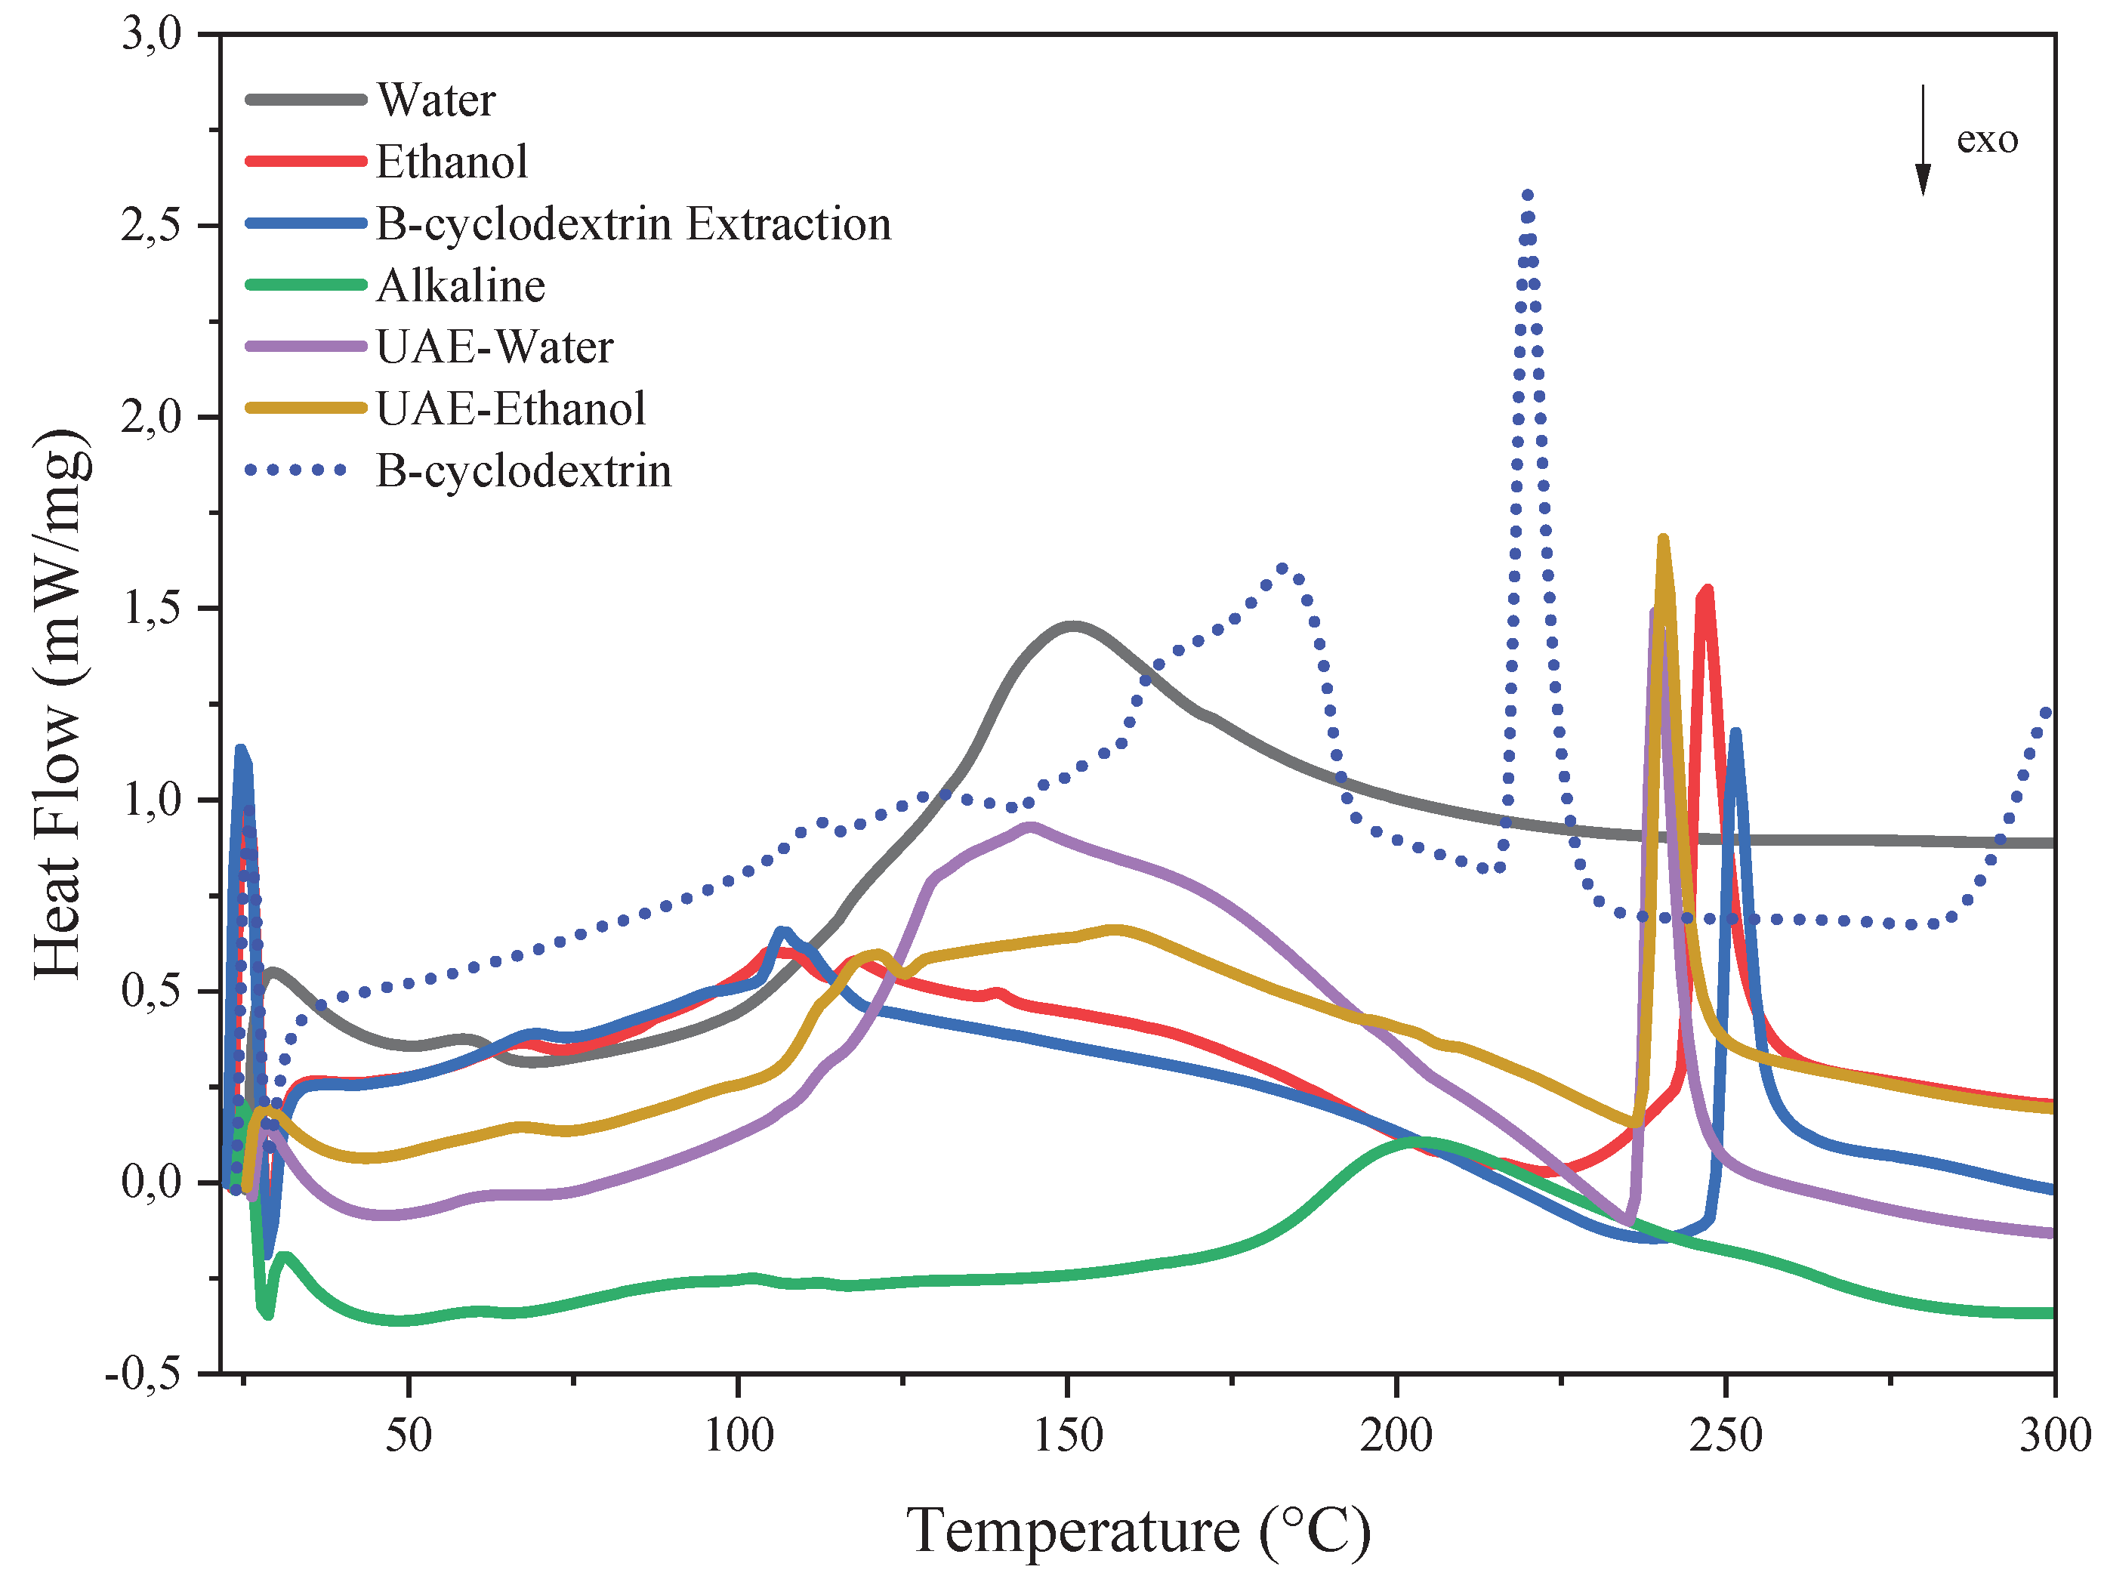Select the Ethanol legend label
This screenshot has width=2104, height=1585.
click(x=452, y=162)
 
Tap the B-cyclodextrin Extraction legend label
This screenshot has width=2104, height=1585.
click(x=634, y=224)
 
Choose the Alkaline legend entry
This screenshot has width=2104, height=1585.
click(x=461, y=285)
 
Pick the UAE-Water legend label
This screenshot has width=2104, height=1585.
click(x=495, y=347)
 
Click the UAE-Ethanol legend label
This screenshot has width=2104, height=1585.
click(x=511, y=409)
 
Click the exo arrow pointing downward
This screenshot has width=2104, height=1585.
click(x=1922, y=140)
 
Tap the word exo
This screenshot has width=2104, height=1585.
click(x=1987, y=140)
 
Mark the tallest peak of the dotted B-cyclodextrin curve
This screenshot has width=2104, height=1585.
click(x=1528, y=194)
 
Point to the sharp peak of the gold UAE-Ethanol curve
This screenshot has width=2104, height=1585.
click(x=1663, y=540)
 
